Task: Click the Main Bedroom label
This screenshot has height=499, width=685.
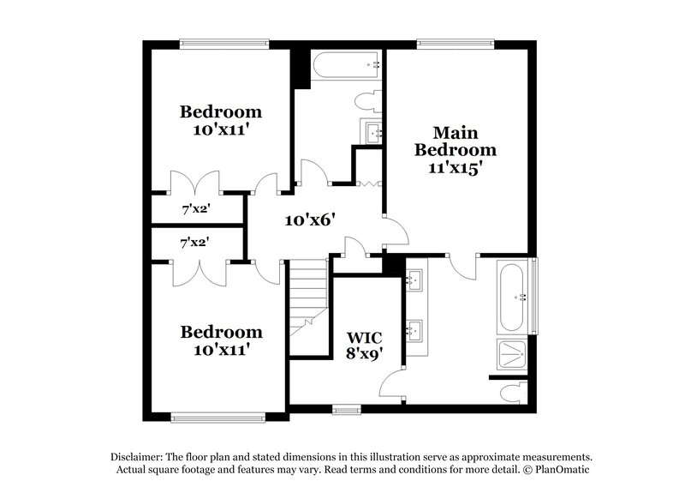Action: (x=456, y=141)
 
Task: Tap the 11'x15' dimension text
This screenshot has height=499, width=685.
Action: (x=456, y=167)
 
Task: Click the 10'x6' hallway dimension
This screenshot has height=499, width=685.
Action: (x=309, y=219)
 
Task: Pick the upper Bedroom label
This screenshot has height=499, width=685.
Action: (x=220, y=111)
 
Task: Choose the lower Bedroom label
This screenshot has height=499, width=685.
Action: (x=220, y=332)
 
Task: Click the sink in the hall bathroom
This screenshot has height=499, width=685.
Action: (x=373, y=134)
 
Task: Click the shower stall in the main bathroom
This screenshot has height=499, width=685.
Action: (x=514, y=354)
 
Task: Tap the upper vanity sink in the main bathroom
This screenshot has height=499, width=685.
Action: (x=415, y=279)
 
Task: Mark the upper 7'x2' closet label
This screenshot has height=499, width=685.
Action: (x=194, y=208)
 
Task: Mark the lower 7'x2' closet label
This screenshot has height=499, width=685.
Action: (x=194, y=243)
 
